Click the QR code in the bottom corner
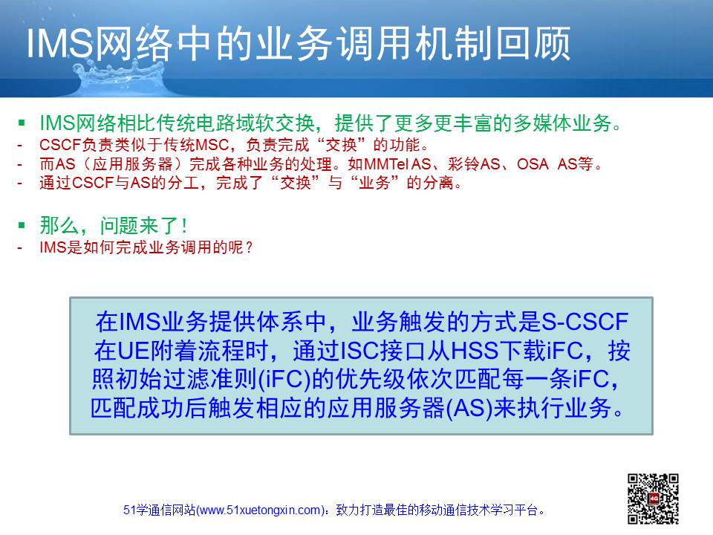654,499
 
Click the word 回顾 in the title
533,44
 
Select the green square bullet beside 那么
22,224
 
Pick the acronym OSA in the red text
533,163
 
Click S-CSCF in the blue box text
585,322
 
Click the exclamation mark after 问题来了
183,225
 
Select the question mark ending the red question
248,247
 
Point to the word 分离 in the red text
438,183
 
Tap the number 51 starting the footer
129,510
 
